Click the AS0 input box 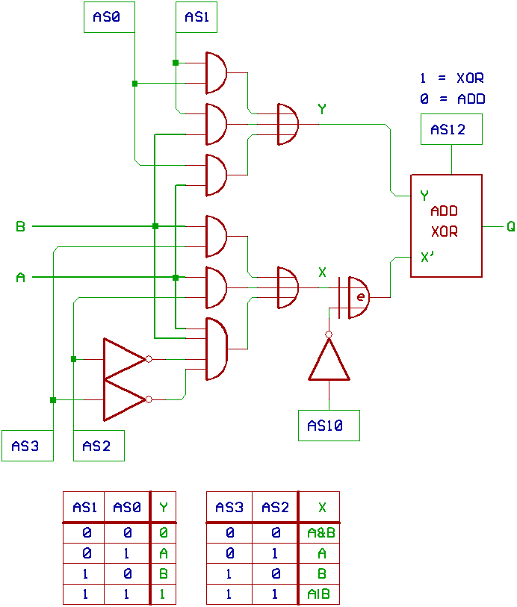pos(108,17)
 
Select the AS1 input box pos(196,17)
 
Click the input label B pos(20,225)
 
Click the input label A pos(20,278)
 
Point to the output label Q pos(510,225)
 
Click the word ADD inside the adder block pos(444,211)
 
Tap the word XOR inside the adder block pos(444,232)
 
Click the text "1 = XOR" pos(453,78)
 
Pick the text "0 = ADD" pos(453,99)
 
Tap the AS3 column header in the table pos(230,508)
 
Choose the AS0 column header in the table pos(127,508)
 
